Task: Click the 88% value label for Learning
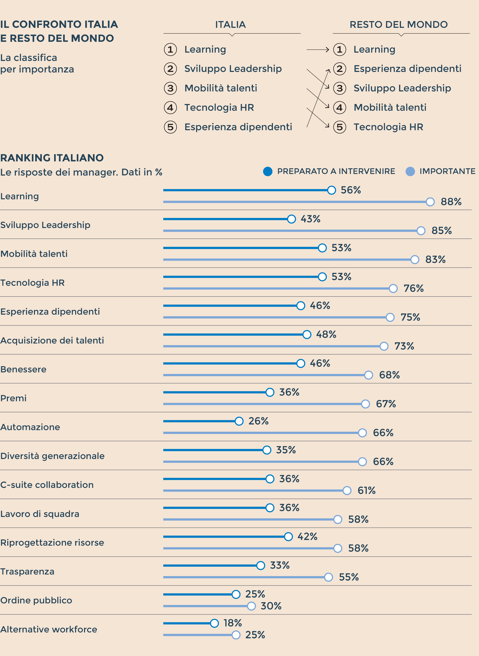coord(451,202)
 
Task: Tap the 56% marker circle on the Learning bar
coord(331,190)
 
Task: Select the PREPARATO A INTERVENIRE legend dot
coord(268,171)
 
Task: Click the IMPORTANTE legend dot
coord(410,171)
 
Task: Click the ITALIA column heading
coord(230,25)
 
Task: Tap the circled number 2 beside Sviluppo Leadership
coord(171,69)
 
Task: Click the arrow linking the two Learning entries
coord(318,50)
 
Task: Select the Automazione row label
coord(30,427)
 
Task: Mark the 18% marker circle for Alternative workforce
coord(214,623)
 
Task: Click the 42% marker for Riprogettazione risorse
coord(288,537)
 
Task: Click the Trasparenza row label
coord(27,571)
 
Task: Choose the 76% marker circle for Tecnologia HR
coord(393,289)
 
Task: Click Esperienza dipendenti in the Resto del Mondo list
coord(407,69)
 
